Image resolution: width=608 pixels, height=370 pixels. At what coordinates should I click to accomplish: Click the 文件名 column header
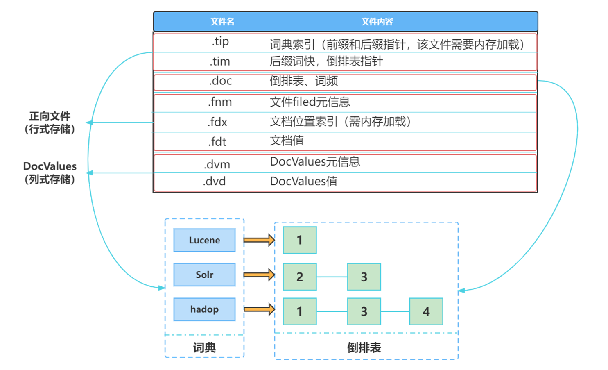[222, 22]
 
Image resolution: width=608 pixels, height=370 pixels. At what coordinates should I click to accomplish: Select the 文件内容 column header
[377, 22]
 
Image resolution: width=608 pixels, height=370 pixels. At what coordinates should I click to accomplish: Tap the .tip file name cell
[220, 42]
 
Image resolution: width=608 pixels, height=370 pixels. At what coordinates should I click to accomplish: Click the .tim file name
[220, 61]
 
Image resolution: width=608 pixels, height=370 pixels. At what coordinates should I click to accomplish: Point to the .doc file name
[220, 81]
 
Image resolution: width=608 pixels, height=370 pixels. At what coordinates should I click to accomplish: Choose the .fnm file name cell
[220, 102]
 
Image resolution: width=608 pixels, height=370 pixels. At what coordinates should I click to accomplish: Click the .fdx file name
[217, 122]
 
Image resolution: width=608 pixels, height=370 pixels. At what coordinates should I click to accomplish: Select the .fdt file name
[217, 142]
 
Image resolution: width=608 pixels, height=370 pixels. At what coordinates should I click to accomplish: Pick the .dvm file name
[217, 165]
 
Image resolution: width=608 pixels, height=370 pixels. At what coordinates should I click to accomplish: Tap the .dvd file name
[214, 182]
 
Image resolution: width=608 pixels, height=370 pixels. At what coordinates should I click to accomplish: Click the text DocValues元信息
[315, 162]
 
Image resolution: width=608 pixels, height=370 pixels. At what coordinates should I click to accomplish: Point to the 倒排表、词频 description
[303, 81]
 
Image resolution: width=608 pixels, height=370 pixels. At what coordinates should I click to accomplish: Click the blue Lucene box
[204, 240]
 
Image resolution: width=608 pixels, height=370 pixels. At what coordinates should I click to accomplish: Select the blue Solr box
[204, 275]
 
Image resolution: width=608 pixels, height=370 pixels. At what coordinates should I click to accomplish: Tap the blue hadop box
[204, 309]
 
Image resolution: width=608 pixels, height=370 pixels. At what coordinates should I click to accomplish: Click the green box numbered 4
[426, 311]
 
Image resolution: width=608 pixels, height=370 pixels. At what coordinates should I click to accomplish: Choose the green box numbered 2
[300, 277]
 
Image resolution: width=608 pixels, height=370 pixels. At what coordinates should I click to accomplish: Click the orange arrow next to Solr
[259, 275]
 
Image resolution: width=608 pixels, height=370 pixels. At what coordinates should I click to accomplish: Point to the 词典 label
[204, 347]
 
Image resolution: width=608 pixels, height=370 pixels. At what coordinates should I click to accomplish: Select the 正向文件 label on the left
[50, 116]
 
